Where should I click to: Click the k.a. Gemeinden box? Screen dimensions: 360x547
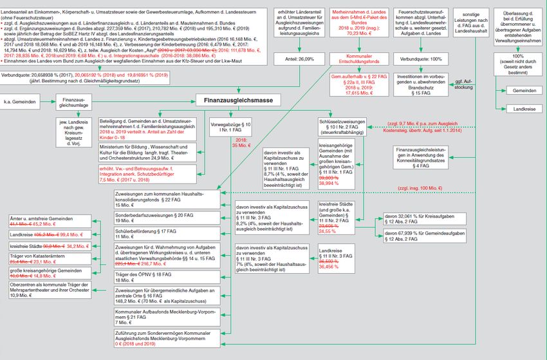point(22,101)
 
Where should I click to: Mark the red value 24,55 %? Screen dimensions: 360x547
point(346,231)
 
